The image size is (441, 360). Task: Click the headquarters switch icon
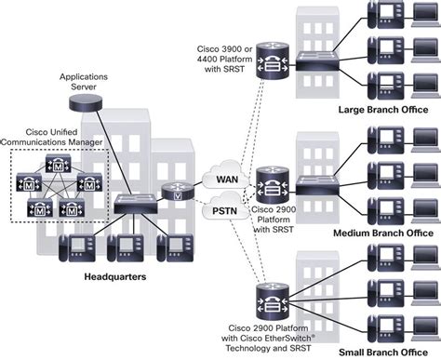(135, 202)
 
